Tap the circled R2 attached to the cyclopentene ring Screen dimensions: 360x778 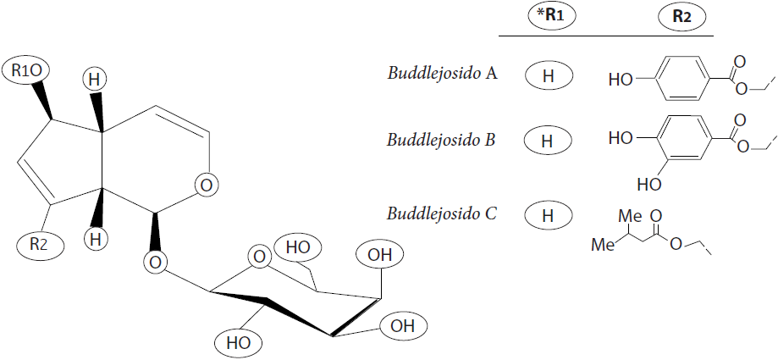39,245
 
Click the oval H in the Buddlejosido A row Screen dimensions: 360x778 547,75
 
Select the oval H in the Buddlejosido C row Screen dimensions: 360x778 547,215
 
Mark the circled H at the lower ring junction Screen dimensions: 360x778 96,239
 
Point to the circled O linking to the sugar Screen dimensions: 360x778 155,263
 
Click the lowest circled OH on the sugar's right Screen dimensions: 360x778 403,324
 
